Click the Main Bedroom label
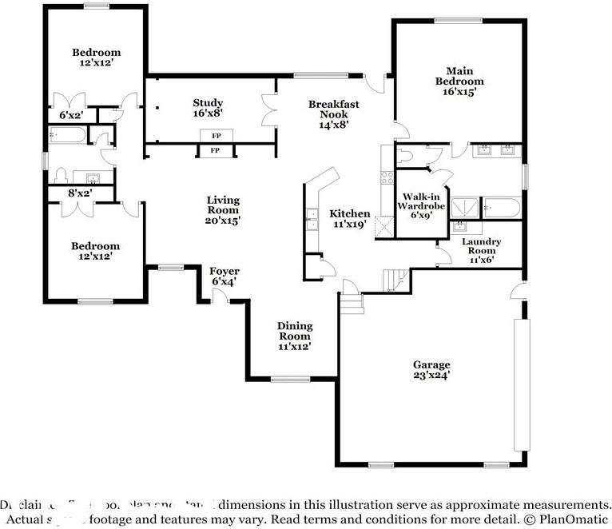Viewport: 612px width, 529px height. tap(459, 75)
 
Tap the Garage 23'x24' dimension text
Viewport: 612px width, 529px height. tap(431, 375)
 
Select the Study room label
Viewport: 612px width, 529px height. tap(208, 102)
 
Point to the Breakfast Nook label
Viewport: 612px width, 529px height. tap(334, 109)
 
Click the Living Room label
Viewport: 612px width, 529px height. tap(223, 201)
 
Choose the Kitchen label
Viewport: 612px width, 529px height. tap(350, 213)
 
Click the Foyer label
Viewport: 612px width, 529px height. tap(225, 272)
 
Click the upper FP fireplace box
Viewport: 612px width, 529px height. tap(215, 136)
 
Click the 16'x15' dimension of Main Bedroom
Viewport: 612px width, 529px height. tap(459, 92)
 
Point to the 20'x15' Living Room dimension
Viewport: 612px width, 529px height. tap(223, 220)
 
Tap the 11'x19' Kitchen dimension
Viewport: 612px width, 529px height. tap(349, 225)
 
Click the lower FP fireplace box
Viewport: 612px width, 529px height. tap(215, 150)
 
